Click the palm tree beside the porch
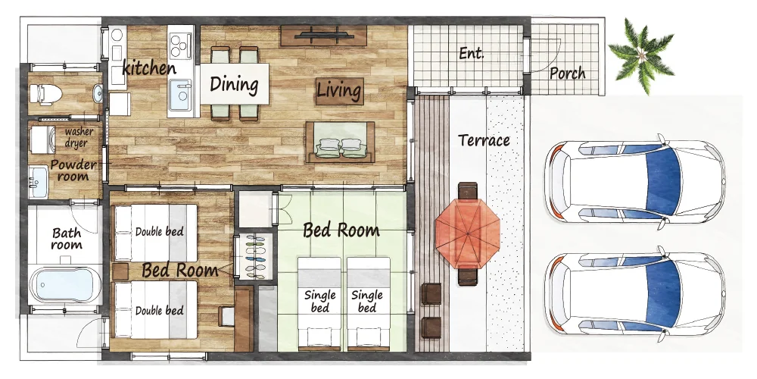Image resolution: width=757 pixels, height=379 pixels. point(641,55)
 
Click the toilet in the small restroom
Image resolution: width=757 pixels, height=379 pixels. point(45,93)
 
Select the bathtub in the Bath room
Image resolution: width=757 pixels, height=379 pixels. point(64,285)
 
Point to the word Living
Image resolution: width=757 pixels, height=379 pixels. point(339,91)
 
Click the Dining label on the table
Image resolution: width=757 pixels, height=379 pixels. point(234,85)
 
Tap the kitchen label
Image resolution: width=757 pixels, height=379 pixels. point(148,67)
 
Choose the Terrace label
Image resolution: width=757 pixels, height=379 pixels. point(484,140)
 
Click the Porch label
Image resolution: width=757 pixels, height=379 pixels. point(567,74)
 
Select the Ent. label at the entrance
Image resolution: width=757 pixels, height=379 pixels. point(471,53)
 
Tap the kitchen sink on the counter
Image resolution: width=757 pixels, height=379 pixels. point(180,95)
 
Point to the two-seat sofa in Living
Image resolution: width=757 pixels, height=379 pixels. point(340,142)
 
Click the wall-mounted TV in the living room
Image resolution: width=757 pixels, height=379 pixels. point(323,35)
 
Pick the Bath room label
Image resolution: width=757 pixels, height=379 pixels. point(67,238)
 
